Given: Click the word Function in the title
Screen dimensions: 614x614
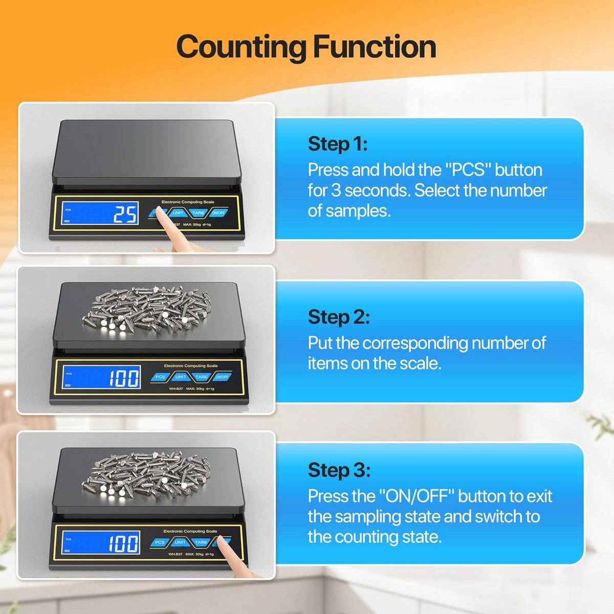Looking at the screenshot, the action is pyautogui.click(x=375, y=47).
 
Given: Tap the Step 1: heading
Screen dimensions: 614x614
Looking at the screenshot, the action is pyautogui.click(x=338, y=144).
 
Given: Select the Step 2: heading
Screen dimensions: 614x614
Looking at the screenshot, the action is pyautogui.click(x=339, y=317).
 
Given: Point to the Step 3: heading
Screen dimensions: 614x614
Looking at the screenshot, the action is pyautogui.click(x=339, y=470).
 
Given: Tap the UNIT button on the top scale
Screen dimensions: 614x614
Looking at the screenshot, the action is pyautogui.click(x=178, y=212).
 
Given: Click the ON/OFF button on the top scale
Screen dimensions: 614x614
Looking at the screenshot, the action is pyautogui.click(x=218, y=212).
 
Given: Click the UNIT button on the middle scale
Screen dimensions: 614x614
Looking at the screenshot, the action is pyautogui.click(x=181, y=377).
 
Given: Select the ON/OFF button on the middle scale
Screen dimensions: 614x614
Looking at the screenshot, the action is pyautogui.click(x=222, y=377).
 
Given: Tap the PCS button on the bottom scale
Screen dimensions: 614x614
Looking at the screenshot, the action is pyautogui.click(x=160, y=542).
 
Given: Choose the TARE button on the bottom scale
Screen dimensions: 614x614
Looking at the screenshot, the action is pyautogui.click(x=201, y=542).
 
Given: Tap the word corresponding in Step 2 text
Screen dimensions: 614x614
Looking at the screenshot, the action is pyautogui.click(x=415, y=344).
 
